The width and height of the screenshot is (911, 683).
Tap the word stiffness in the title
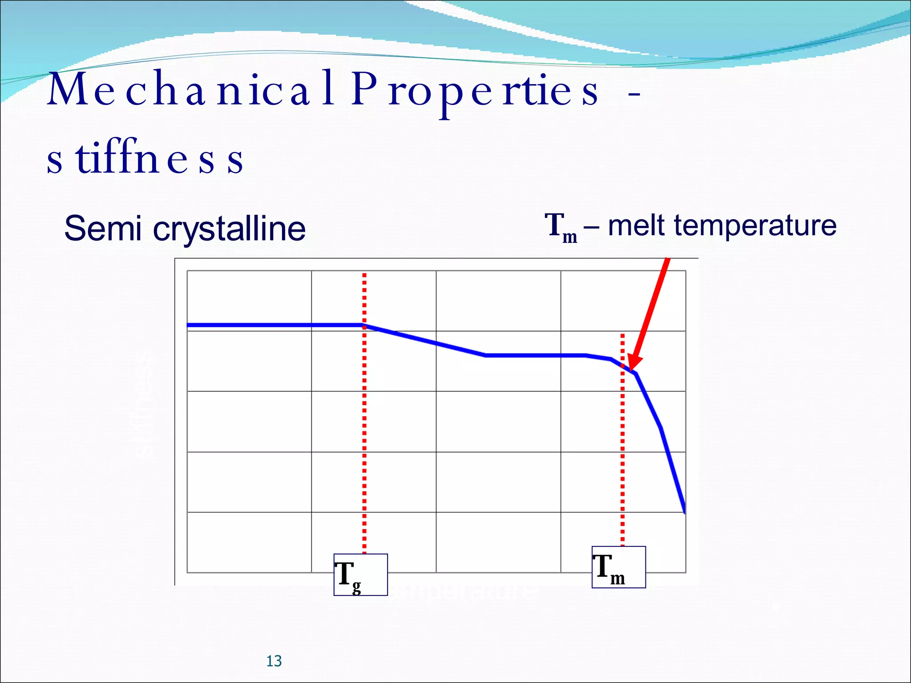[x=145, y=159]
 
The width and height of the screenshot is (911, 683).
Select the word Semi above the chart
[x=103, y=228]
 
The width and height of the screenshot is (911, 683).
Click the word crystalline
[x=229, y=229]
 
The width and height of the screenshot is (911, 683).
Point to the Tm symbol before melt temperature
[x=560, y=227]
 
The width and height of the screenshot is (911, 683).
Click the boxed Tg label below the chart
[x=360, y=575]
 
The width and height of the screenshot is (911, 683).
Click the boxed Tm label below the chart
[x=618, y=567]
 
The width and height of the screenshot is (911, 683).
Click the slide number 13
[x=274, y=661]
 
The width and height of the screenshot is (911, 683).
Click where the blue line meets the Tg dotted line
[x=364, y=325]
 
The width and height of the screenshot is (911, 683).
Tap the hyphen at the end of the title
[x=634, y=94]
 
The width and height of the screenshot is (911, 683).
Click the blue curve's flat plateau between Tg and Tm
[x=534, y=355]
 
